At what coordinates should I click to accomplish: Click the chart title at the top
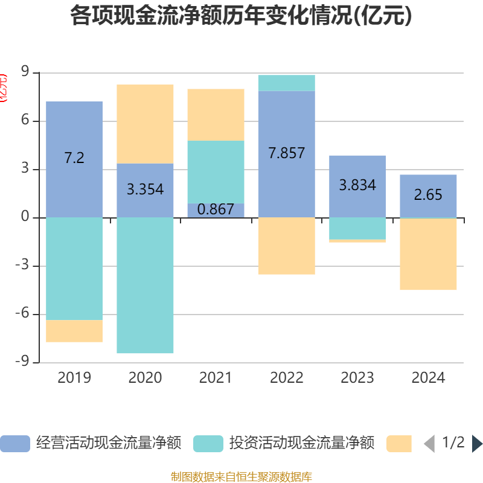[x=241, y=16]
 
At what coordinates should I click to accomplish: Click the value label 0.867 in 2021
[x=216, y=210]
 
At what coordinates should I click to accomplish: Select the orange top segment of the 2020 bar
[x=145, y=124]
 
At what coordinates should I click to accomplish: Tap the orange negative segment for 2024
[x=428, y=254]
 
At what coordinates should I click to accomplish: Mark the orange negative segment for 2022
[x=287, y=246]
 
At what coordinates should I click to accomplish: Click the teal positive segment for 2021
[x=216, y=172]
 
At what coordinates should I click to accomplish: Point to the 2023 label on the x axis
[x=357, y=378]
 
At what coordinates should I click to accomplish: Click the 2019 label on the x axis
[x=74, y=378]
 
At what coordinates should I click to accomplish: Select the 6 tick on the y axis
[x=25, y=121]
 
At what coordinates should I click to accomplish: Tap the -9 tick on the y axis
[x=23, y=362]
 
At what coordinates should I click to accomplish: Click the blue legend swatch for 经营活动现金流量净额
[x=15, y=444]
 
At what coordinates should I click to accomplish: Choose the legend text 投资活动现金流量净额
[x=302, y=444]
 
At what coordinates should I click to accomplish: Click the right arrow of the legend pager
[x=477, y=444]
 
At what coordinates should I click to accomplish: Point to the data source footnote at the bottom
[x=241, y=477]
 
